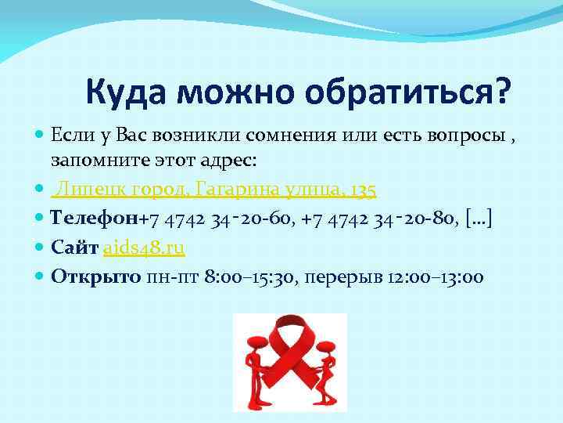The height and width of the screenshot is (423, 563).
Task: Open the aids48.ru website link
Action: [x=144, y=248]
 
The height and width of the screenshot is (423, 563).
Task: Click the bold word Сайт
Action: [x=74, y=248]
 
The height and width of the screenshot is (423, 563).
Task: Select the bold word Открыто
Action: [x=95, y=277]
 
